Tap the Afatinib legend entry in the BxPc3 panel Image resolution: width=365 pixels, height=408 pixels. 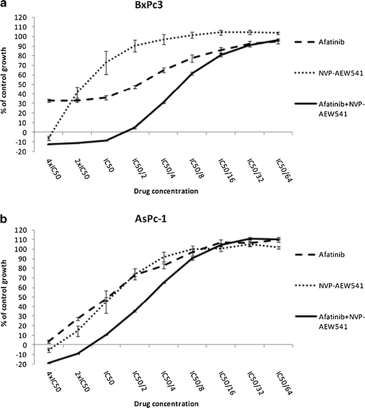pos(328,42)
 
